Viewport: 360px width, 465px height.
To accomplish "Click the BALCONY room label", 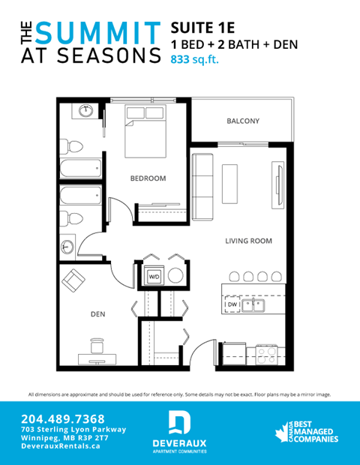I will (x=243, y=121).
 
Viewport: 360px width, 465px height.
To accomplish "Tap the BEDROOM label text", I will (x=148, y=178).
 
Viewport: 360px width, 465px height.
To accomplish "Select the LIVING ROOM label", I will (x=249, y=241).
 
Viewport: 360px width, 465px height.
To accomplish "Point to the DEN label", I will (x=97, y=315).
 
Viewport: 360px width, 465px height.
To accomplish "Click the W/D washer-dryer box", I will (x=154, y=277).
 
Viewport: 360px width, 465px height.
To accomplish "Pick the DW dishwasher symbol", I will (x=232, y=305).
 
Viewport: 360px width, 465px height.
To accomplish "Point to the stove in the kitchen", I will (x=266, y=352).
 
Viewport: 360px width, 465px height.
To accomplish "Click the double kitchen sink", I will (x=259, y=305).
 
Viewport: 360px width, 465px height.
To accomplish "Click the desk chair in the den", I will (x=97, y=346).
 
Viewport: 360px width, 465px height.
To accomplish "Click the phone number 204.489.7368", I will (x=63, y=418).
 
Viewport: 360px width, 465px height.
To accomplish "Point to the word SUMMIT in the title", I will (x=98, y=31).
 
